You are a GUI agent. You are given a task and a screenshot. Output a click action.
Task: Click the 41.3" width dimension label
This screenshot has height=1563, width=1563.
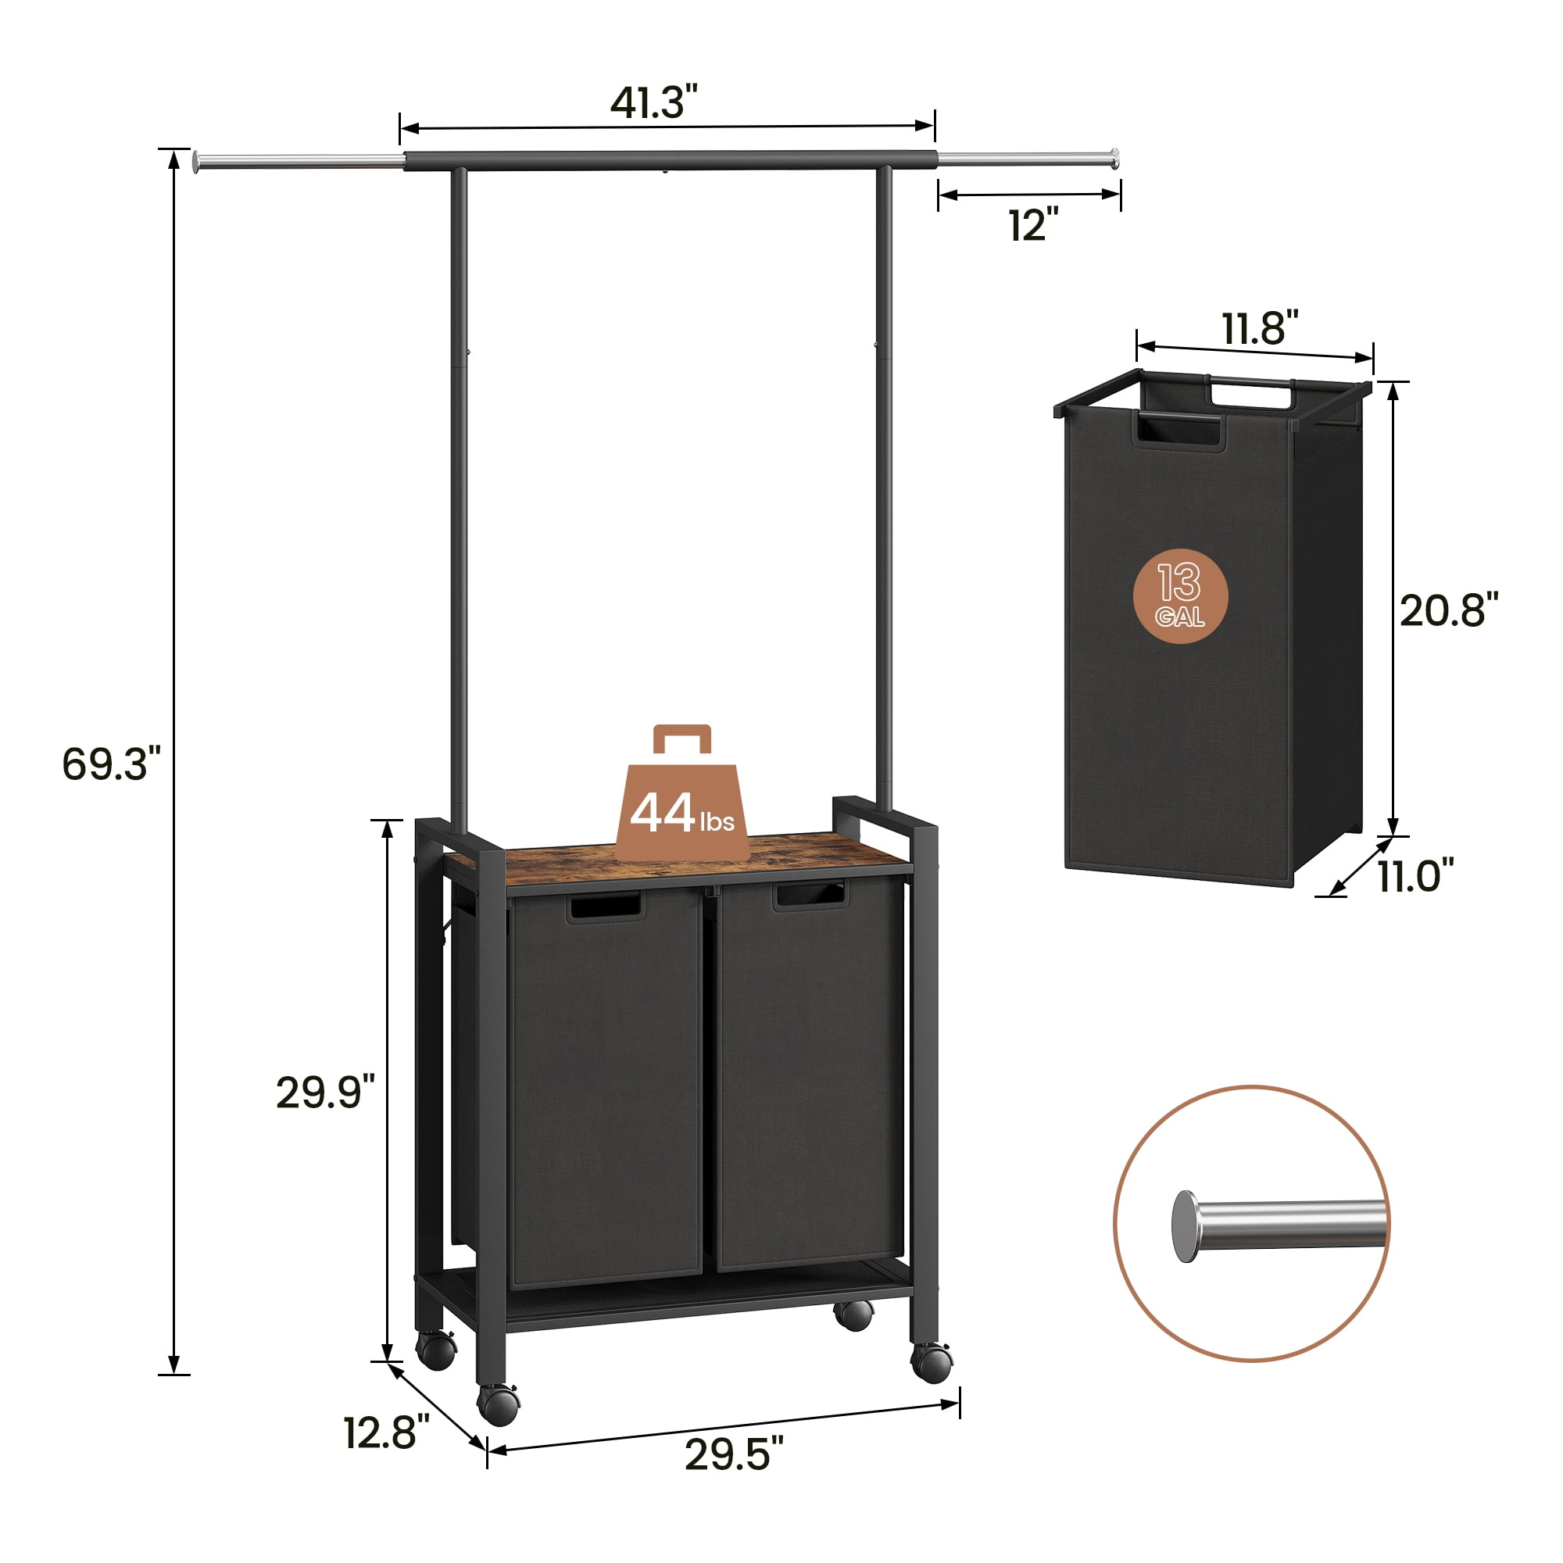[653, 102]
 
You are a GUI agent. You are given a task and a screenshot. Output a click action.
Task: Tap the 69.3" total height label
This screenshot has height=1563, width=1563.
[111, 764]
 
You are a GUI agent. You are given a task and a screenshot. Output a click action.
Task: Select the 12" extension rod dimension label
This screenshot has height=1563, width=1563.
[1033, 224]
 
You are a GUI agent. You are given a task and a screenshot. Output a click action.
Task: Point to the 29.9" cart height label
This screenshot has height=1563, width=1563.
[325, 1093]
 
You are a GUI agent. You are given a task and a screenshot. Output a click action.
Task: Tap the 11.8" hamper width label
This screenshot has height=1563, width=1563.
[1259, 327]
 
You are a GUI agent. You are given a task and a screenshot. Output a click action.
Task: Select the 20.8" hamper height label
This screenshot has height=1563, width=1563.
[1448, 610]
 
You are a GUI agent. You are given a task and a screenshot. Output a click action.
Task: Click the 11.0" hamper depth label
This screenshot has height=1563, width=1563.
[1415, 875]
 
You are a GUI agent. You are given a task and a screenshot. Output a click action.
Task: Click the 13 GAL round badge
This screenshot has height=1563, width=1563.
[1180, 596]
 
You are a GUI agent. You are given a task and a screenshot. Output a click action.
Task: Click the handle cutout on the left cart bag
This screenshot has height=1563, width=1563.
[605, 907]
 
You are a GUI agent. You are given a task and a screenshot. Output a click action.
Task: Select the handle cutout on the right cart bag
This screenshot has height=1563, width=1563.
[810, 896]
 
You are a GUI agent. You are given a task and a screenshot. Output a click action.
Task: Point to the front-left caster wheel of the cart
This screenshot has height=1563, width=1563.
[498, 1405]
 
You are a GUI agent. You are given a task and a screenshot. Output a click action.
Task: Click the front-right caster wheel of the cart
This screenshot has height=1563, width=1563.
[932, 1362]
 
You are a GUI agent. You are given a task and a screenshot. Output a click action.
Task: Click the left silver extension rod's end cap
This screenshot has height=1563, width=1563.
[197, 162]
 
